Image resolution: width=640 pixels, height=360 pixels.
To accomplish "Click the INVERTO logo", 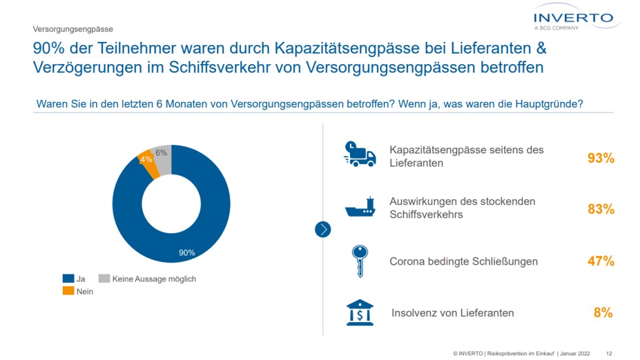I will click(573, 20).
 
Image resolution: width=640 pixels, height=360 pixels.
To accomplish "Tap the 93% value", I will click(601, 157).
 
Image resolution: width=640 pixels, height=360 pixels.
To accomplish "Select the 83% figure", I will click(601, 209).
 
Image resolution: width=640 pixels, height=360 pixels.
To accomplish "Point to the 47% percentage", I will click(601, 261).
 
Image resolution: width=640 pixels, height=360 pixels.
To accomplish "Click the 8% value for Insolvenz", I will click(603, 313).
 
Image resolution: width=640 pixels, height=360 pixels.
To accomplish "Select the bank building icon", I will click(360, 312).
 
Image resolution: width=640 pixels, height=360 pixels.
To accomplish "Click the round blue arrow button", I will click(323, 229).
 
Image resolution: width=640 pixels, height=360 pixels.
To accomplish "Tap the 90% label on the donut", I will click(187, 252).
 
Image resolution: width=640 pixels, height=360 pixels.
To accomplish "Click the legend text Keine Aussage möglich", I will click(154, 279).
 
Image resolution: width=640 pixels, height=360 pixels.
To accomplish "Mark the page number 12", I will click(609, 353).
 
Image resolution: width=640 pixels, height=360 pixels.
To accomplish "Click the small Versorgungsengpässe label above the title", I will click(73, 29).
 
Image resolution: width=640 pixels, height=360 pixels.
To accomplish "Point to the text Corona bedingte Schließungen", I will click(464, 261).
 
